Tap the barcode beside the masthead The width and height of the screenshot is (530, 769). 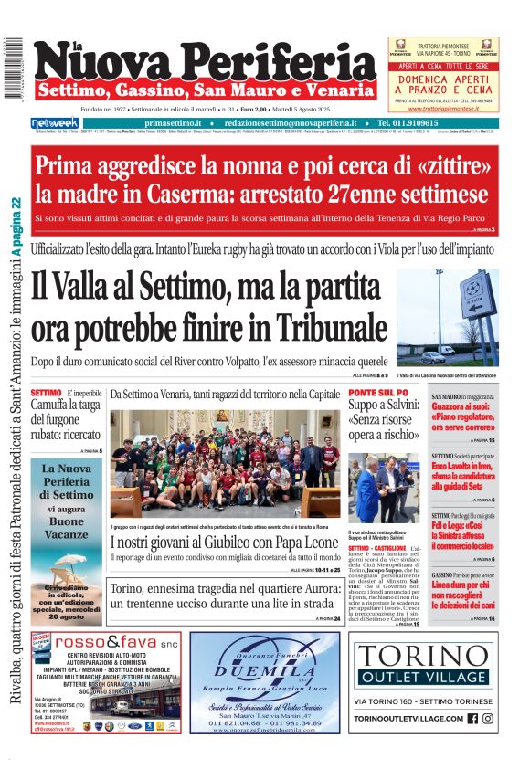pos(13,68)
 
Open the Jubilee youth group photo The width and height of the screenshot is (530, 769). pos(225,464)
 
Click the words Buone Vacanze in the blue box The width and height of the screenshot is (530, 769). pos(66,526)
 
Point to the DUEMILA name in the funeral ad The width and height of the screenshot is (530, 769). pos(264,669)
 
